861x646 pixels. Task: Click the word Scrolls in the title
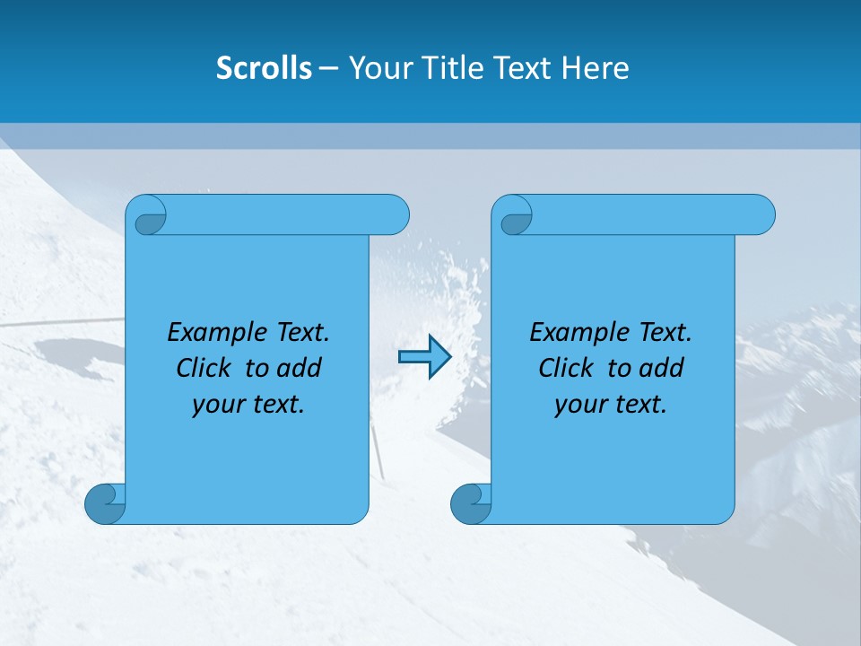264,68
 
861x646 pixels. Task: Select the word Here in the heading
596,68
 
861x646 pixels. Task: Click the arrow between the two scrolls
424,357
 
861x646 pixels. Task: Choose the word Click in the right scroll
566,368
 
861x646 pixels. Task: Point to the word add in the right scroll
661,368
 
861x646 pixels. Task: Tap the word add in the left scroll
299,368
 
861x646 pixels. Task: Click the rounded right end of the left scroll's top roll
395,214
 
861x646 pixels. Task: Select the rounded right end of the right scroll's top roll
761,214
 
